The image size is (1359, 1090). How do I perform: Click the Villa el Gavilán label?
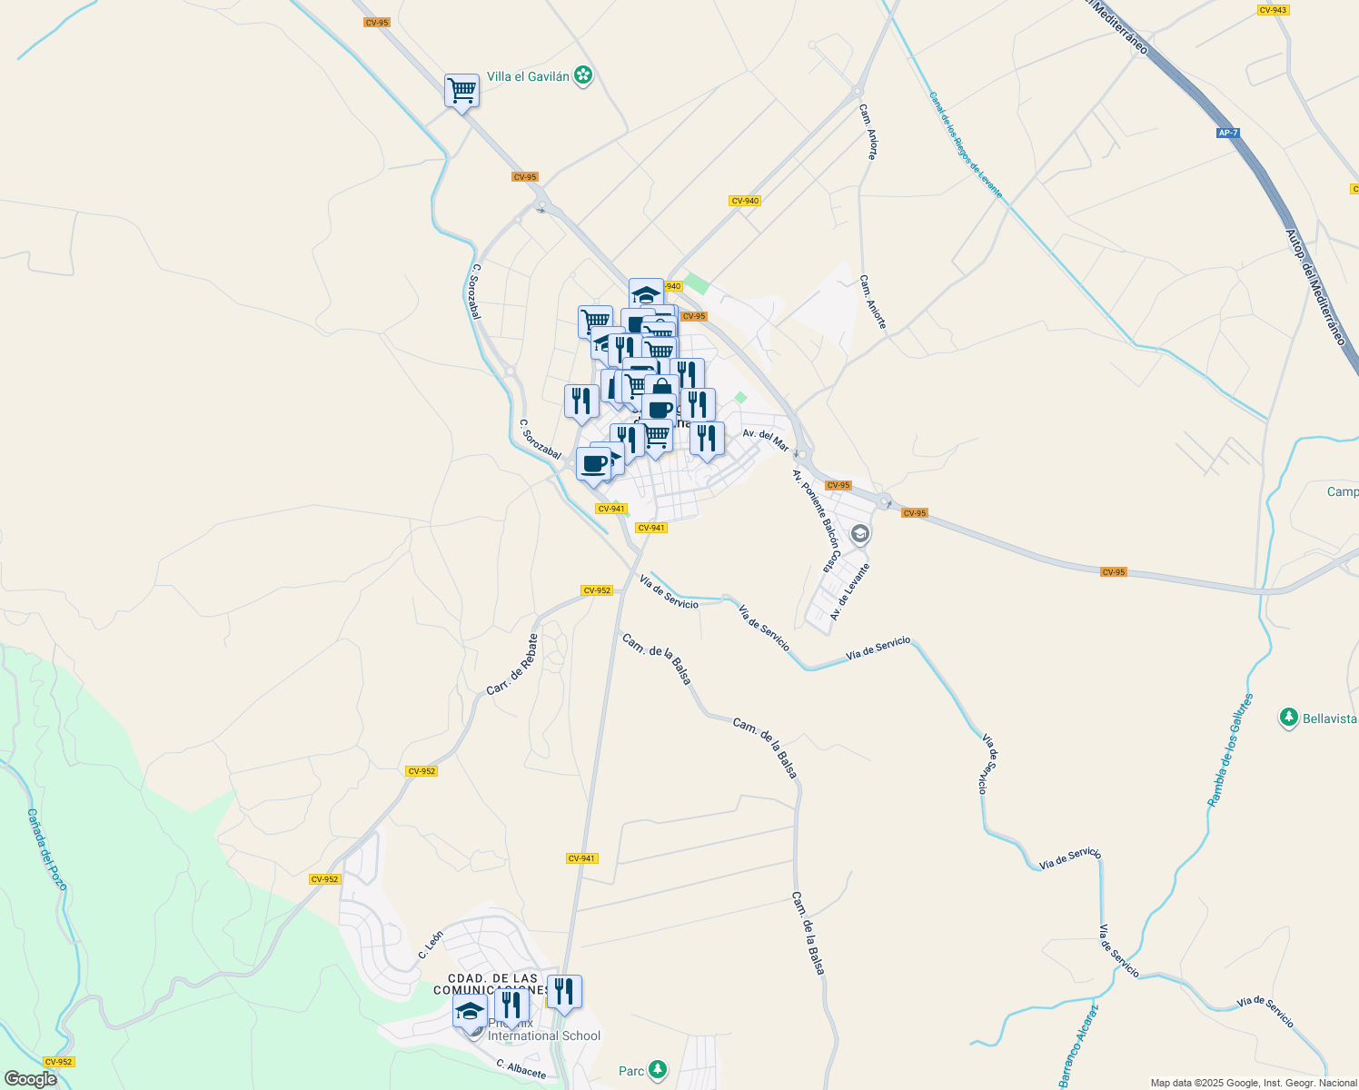point(528,76)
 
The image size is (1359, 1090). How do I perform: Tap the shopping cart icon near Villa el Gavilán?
point(461,90)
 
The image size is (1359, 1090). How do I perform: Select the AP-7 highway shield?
point(1227,134)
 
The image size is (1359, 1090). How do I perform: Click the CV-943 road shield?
point(1273,10)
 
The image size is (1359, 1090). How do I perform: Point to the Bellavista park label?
point(1329,718)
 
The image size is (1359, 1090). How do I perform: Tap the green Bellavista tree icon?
point(1288,718)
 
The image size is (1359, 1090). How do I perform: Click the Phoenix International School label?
point(544,1030)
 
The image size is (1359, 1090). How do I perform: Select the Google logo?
point(30,1079)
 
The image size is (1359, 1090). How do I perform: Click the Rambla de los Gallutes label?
point(1230,750)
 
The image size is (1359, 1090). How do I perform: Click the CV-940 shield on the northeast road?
point(744,201)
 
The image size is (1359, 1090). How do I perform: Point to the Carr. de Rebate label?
point(512,665)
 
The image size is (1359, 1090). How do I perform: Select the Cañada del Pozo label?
point(47,849)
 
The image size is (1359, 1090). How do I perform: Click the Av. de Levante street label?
point(849,591)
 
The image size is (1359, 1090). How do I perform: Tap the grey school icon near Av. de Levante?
point(859,534)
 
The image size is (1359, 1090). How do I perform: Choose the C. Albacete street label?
point(521,1069)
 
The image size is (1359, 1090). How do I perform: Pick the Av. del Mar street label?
point(765,440)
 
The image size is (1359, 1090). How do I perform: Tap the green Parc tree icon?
point(658,1071)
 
